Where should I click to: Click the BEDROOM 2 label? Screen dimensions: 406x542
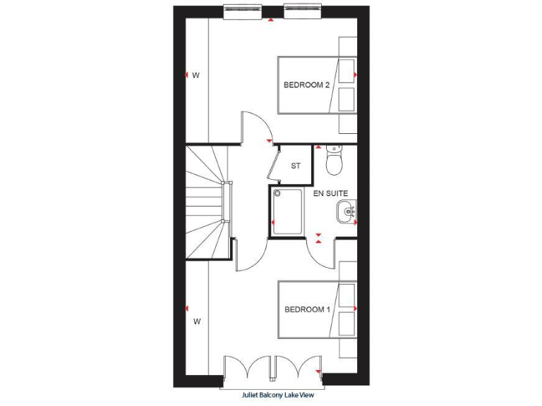pyautogui.click(x=306, y=85)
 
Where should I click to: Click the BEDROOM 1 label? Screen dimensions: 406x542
pyautogui.click(x=307, y=309)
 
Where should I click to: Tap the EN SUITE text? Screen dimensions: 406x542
pyautogui.click(x=331, y=193)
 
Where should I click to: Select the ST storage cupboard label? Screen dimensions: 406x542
pyautogui.click(x=296, y=166)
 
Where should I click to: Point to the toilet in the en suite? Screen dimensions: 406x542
pyautogui.click(x=335, y=161)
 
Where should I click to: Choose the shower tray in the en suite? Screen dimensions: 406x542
pyautogui.click(x=287, y=211)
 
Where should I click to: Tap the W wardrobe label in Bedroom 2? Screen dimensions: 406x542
pyautogui.click(x=196, y=75)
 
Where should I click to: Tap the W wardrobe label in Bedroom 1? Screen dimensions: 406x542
pyautogui.click(x=198, y=321)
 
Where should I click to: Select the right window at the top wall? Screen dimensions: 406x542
pyautogui.click(x=302, y=11)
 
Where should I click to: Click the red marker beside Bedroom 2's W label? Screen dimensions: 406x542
pyautogui.click(x=186, y=75)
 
